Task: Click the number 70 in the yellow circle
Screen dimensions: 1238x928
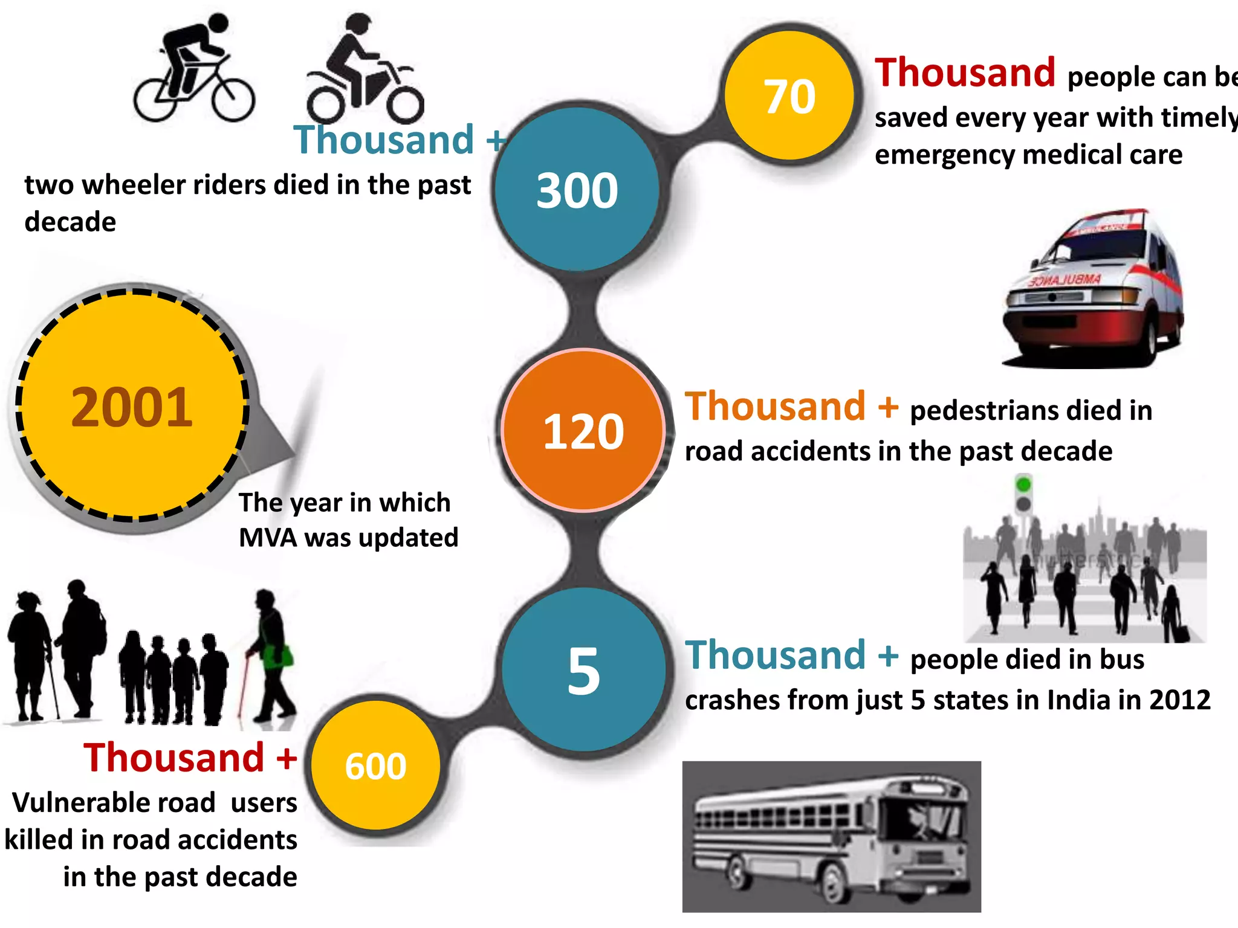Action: point(790,97)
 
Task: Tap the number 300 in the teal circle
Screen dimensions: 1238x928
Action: point(577,191)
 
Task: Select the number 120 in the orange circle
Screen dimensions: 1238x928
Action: point(583,431)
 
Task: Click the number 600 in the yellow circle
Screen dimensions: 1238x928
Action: point(375,766)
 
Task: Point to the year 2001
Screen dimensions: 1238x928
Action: point(132,407)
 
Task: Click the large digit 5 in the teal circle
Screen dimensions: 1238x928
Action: point(584,671)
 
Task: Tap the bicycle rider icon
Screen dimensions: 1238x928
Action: point(193,69)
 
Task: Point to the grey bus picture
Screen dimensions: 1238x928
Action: point(831,836)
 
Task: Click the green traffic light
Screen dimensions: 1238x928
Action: point(1023,485)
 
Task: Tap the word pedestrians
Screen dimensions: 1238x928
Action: point(984,411)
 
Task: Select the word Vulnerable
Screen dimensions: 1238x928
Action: point(114,803)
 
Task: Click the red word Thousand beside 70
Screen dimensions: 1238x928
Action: point(965,72)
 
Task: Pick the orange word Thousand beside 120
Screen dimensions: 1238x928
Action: point(775,406)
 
